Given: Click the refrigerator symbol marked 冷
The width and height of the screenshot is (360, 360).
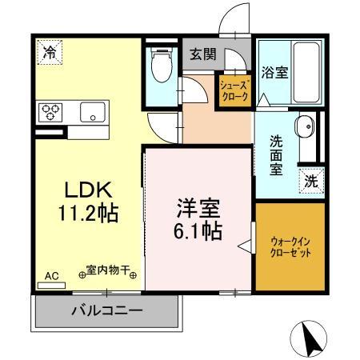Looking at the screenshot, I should click(50, 55).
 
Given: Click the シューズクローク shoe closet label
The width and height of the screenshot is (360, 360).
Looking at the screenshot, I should click(235, 90).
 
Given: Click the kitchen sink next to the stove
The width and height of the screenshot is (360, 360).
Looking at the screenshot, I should click(94, 112).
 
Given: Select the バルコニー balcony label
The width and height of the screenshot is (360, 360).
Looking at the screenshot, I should click(106, 310).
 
